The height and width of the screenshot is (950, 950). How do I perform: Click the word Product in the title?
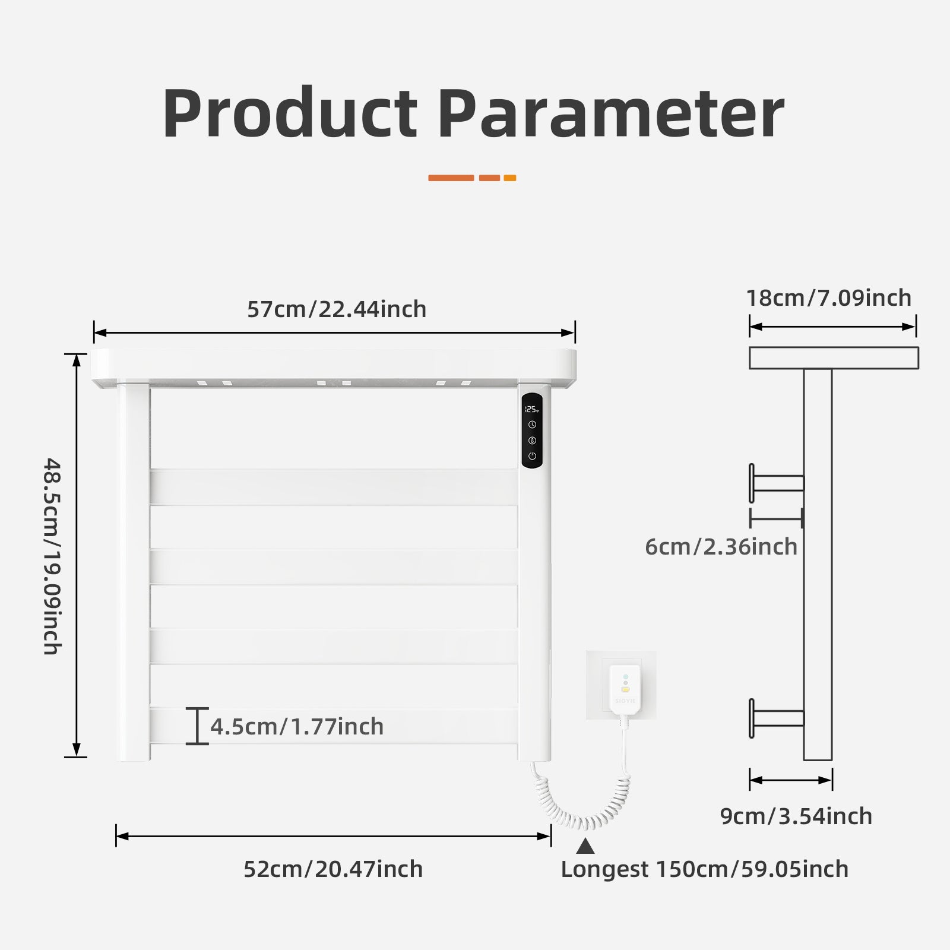(290, 113)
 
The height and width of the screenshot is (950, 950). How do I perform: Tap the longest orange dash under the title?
(451, 178)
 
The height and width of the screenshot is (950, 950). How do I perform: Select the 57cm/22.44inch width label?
(337, 309)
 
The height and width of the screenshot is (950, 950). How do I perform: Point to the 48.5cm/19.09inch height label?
(52, 556)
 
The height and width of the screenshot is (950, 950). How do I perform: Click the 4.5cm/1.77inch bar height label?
(297, 726)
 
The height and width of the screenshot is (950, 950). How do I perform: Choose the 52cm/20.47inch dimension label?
(333, 869)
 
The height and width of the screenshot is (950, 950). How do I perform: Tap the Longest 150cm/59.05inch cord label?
(705, 869)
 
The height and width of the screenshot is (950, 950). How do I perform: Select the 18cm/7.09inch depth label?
(829, 298)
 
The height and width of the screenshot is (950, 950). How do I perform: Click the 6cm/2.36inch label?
(721, 547)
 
